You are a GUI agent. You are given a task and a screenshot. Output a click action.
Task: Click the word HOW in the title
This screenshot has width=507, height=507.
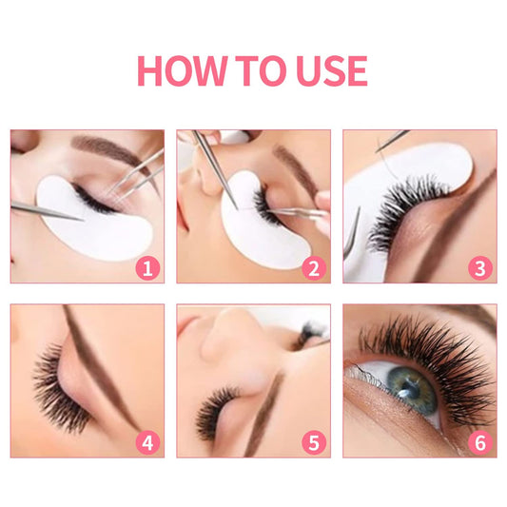click(184, 71)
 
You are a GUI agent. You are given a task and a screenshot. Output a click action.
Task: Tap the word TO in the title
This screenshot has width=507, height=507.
click(255, 71)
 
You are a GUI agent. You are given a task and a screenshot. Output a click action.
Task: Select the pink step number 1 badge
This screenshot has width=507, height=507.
click(146, 268)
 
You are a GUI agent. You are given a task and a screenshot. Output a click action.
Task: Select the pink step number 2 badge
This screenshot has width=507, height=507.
click(313, 268)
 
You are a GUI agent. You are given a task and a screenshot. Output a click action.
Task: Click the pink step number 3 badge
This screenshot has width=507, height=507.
click(480, 268)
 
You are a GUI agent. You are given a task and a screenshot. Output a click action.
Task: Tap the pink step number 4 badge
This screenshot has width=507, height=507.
click(146, 441)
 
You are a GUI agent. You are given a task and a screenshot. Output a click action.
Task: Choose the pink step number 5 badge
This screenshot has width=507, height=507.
click(313, 441)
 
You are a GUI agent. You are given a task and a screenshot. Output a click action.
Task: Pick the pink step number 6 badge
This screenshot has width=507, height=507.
click(480, 441)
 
